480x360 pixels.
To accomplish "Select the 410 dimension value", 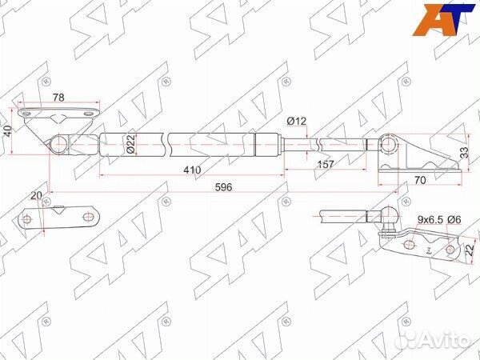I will coord(190,170).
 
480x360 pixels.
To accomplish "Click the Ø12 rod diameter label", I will coord(297,121).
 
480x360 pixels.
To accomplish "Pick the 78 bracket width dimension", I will coord(58,98).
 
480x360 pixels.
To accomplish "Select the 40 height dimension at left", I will coord(8,130).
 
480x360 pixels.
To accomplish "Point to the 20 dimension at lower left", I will coord(36,195).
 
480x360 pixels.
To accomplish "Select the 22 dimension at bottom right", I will coord(470,250).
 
